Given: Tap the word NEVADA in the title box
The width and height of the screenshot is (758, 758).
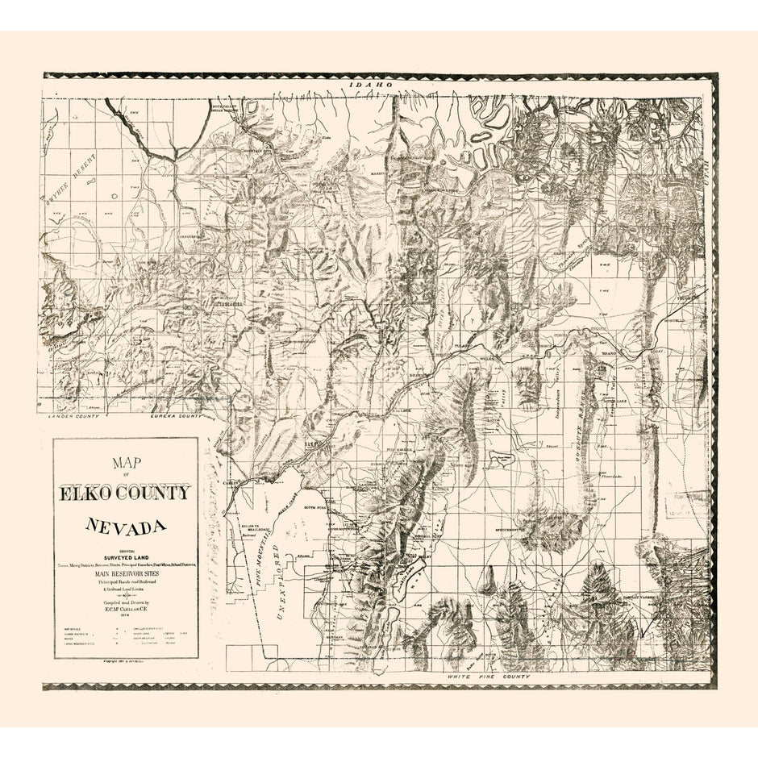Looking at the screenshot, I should point(126,527).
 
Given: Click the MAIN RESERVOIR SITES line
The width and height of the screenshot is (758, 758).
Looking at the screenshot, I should point(126,573).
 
